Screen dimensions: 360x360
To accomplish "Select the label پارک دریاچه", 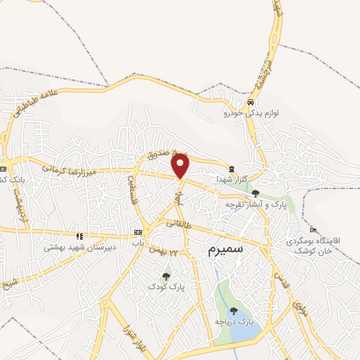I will click(234, 321).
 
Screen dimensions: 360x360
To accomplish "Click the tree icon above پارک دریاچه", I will click(233, 310).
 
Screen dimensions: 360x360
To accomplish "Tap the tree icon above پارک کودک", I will click(166, 276).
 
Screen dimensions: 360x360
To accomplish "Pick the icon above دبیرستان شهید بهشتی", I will click(79, 236).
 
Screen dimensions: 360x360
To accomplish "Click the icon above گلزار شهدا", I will click(232, 168).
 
